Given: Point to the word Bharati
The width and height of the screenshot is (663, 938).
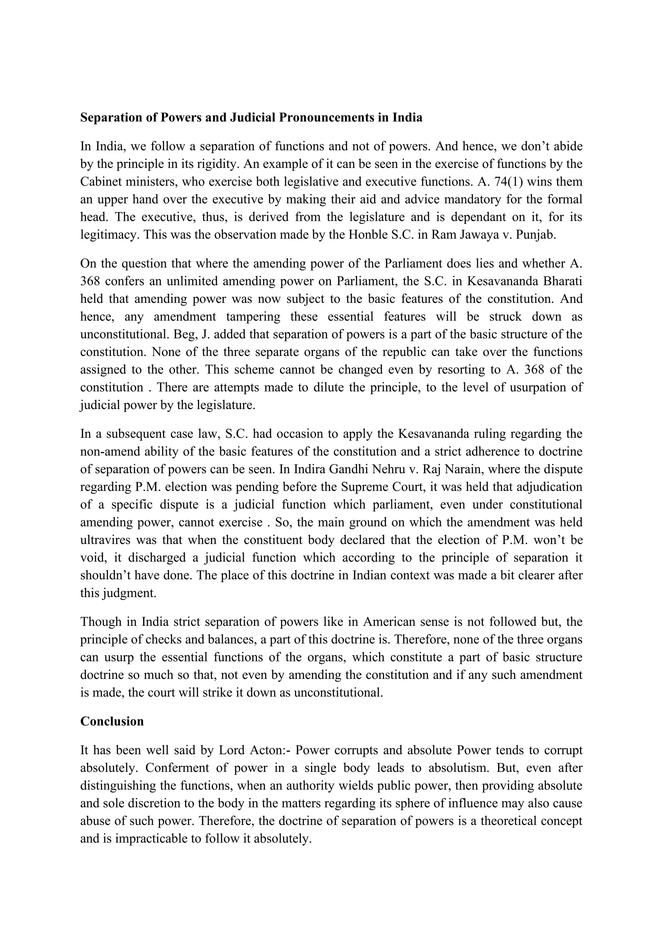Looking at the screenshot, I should click(563, 281).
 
